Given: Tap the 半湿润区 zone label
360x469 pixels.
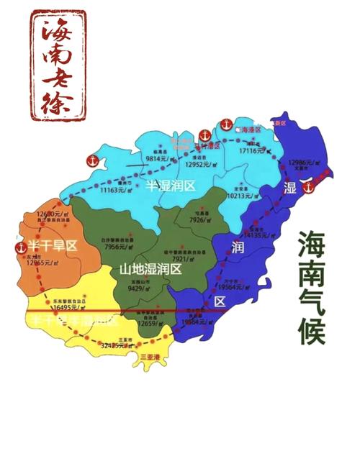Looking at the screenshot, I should (x=171, y=186).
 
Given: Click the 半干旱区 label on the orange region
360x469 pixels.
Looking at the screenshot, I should (x=52, y=246).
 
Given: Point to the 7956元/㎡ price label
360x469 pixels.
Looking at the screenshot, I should (x=118, y=247).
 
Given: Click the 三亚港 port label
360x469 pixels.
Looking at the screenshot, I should (x=152, y=357).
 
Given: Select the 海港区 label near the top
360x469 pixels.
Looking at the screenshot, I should (x=248, y=129).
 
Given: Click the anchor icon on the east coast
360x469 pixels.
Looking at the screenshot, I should (x=308, y=187).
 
